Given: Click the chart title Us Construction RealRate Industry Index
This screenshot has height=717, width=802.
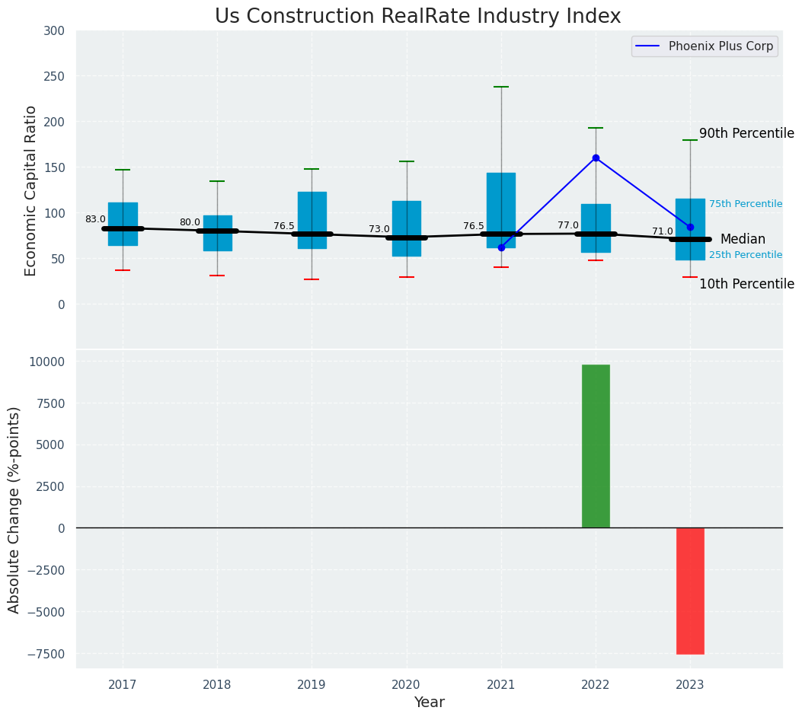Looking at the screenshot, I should tap(417, 17).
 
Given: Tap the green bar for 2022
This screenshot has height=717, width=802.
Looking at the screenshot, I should tap(596, 446).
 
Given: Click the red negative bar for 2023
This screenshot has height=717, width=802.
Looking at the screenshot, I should tap(690, 591).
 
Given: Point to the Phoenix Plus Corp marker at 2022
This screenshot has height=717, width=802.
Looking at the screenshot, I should tap(596, 158).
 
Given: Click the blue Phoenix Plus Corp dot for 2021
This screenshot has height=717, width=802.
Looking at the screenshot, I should tap(501, 247).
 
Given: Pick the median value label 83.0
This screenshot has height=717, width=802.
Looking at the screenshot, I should tap(95, 219).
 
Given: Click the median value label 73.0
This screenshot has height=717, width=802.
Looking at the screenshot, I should tap(379, 229).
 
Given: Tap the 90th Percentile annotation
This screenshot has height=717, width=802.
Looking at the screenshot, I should tap(746, 133).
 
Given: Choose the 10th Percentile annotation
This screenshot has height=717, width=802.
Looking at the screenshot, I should tap(746, 284).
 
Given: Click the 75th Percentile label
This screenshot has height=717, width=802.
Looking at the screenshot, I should tap(746, 204).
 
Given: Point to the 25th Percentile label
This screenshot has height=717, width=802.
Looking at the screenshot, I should tap(746, 255).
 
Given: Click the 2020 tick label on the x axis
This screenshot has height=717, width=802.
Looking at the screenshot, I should tap(406, 685).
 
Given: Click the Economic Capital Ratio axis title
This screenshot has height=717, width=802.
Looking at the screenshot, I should tap(31, 190).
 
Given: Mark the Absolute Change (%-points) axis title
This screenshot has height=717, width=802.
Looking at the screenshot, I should tap(14, 509).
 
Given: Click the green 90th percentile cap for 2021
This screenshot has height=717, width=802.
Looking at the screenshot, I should tap(501, 87).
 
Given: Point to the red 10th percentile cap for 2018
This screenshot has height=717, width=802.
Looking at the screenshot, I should tap(217, 276).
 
